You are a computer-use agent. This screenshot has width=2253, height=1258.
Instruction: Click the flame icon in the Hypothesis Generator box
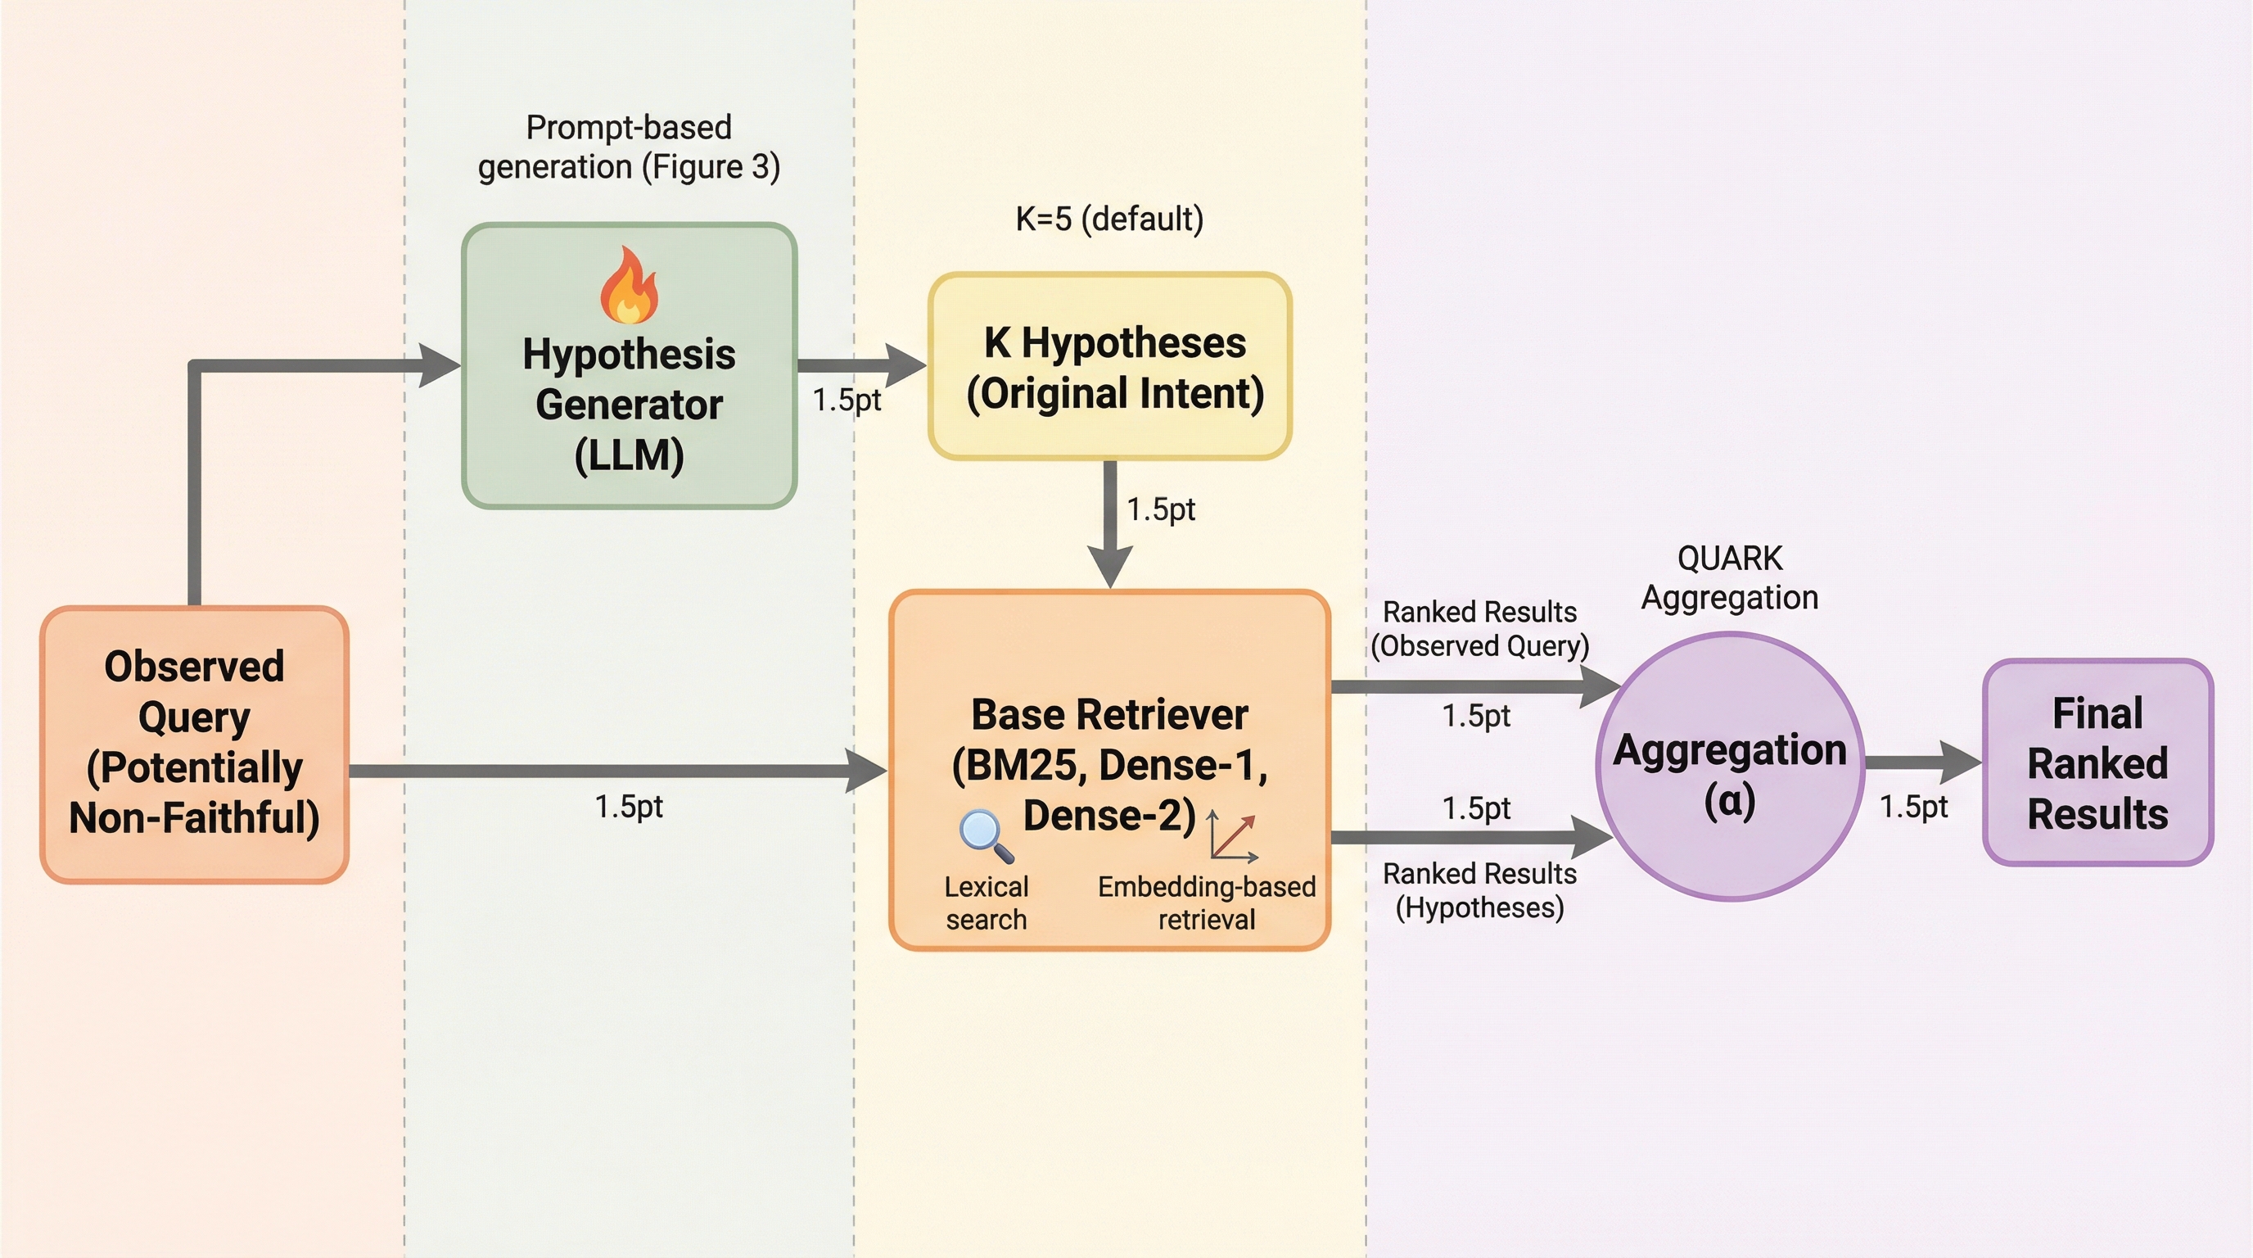(629, 286)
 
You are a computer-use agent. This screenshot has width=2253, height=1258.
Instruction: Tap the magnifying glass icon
(986, 835)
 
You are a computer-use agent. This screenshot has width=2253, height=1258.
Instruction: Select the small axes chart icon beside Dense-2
(1232, 836)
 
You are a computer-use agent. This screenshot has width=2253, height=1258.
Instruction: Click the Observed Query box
(194, 744)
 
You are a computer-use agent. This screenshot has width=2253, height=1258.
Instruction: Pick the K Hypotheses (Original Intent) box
(1110, 367)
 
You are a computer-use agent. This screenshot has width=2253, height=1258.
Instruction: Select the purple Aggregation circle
(1730, 767)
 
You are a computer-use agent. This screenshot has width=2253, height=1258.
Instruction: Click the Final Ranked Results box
(2097, 762)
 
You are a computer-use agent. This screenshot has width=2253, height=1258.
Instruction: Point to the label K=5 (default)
(1109, 219)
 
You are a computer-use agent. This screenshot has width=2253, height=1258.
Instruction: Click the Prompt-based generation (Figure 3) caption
(628, 147)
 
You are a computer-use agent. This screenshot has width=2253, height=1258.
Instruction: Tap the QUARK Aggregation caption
(1729, 577)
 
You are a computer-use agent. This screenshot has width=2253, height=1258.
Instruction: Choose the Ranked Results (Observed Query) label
(1479, 628)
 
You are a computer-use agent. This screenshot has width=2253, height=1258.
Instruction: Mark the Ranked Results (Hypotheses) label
(1479, 889)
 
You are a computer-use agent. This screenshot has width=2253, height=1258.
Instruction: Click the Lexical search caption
(986, 903)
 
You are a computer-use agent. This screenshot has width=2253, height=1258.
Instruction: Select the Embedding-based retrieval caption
(1206, 903)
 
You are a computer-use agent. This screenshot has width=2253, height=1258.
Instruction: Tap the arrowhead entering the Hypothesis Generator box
(438, 364)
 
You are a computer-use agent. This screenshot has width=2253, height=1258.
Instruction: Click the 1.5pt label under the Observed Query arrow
(628, 806)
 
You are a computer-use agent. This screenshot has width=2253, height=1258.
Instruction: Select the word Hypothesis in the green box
(629, 355)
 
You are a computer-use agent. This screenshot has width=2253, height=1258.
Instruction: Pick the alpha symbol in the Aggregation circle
(1729, 800)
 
